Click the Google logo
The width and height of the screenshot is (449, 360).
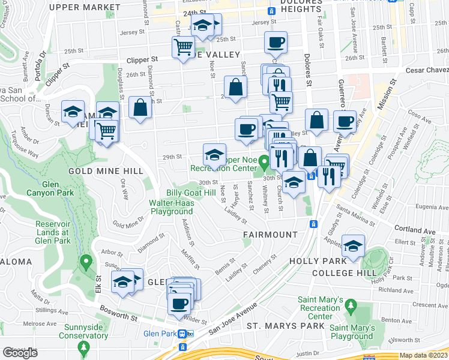pyautogui.click(x=20, y=353)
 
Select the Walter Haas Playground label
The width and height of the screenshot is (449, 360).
pyautogui.click(x=171, y=207)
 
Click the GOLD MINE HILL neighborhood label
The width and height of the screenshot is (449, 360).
pyautogui.click(x=106, y=171)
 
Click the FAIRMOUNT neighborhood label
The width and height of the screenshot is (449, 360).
pyautogui.click(x=270, y=234)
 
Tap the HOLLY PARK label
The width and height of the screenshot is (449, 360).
pyautogui.click(x=318, y=261)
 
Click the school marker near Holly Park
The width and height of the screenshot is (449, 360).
pyautogui.click(x=354, y=245)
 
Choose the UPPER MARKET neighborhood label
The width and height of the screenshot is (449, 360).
pyautogui.click(x=85, y=7)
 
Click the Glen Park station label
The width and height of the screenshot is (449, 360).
pyautogui.click(x=158, y=334)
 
